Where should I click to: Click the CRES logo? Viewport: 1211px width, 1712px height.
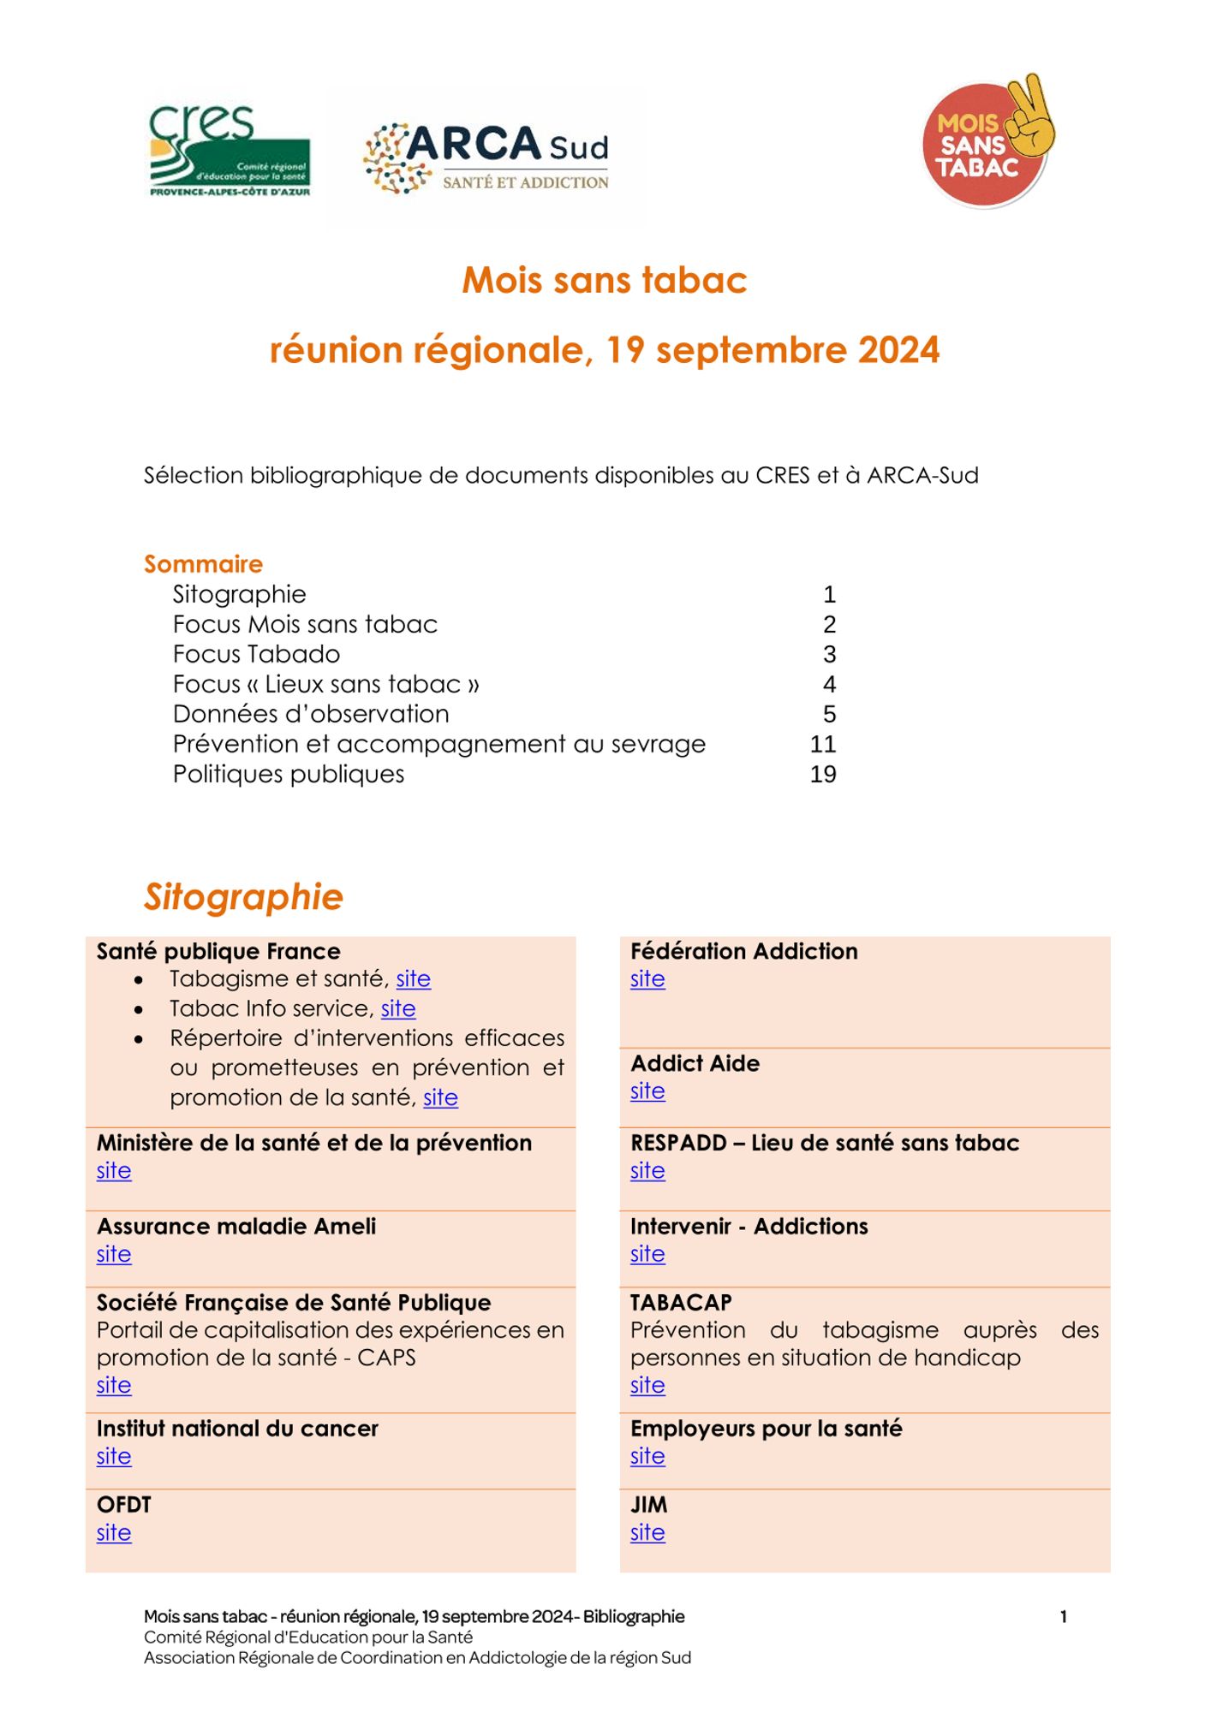230,152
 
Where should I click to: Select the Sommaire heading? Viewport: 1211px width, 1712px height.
203,564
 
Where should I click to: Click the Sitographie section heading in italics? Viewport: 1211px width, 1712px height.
243,897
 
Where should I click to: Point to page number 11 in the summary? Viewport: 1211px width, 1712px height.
823,744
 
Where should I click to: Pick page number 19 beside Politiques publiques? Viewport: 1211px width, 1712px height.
823,774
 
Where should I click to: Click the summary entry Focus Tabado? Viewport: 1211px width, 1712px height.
256,654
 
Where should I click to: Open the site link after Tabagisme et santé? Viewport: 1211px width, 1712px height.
413,978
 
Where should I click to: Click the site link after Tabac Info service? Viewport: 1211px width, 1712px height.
398,1008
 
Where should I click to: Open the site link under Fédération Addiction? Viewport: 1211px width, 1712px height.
647,978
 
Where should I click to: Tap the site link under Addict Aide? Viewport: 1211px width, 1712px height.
647,1091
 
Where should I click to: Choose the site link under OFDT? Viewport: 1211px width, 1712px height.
114,1532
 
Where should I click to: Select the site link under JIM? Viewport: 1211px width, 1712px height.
647,1532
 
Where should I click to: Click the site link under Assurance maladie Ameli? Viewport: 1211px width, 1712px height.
114,1254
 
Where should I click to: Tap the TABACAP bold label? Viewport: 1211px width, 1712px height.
681,1302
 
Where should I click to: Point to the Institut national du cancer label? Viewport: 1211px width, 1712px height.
237,1428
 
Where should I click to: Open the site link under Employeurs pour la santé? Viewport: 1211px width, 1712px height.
647,1456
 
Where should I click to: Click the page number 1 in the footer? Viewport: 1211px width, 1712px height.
1063,1617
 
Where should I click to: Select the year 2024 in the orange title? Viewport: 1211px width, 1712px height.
898,350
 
